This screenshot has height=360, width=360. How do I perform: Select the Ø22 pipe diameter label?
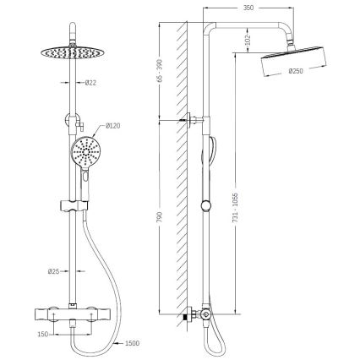(x=90, y=82)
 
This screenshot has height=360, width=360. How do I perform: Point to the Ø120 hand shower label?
(x=112, y=126)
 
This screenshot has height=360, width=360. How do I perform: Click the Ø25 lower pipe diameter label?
(x=54, y=272)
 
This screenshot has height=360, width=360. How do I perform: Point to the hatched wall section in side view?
(x=178, y=169)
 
